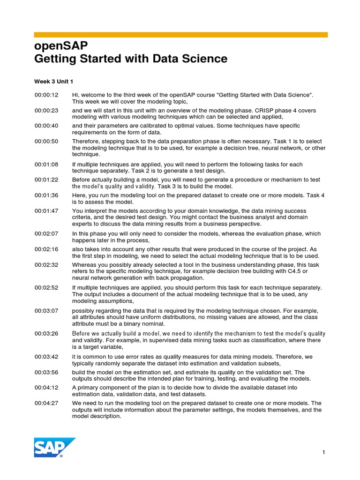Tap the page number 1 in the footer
click(x=323, y=452)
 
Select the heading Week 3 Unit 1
click(x=54, y=82)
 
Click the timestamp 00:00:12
click(x=46, y=95)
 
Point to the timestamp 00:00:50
click(x=46, y=141)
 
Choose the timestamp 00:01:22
click(x=46, y=180)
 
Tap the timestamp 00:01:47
click(x=46, y=211)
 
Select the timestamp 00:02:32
click(x=46, y=265)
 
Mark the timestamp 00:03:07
click(x=46, y=311)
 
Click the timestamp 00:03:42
click(x=46, y=357)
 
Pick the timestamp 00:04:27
click(x=46, y=403)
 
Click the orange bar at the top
click(x=180, y=35)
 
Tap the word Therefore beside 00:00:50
click(x=87, y=141)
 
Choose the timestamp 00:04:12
click(x=46, y=388)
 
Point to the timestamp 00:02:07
click(x=46, y=233)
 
